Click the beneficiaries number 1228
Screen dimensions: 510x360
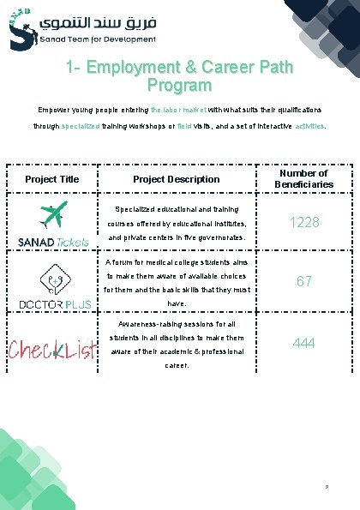click(x=304, y=222)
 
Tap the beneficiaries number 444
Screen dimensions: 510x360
click(x=304, y=343)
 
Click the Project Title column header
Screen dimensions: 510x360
click(x=52, y=179)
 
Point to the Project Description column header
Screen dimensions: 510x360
click(x=176, y=179)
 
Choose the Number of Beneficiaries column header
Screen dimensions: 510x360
click(x=304, y=178)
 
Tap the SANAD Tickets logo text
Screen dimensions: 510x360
click(x=52, y=243)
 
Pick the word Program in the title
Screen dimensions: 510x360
click(x=179, y=86)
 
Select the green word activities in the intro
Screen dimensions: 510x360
click(x=309, y=126)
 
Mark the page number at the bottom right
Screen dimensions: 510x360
click(x=327, y=488)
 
